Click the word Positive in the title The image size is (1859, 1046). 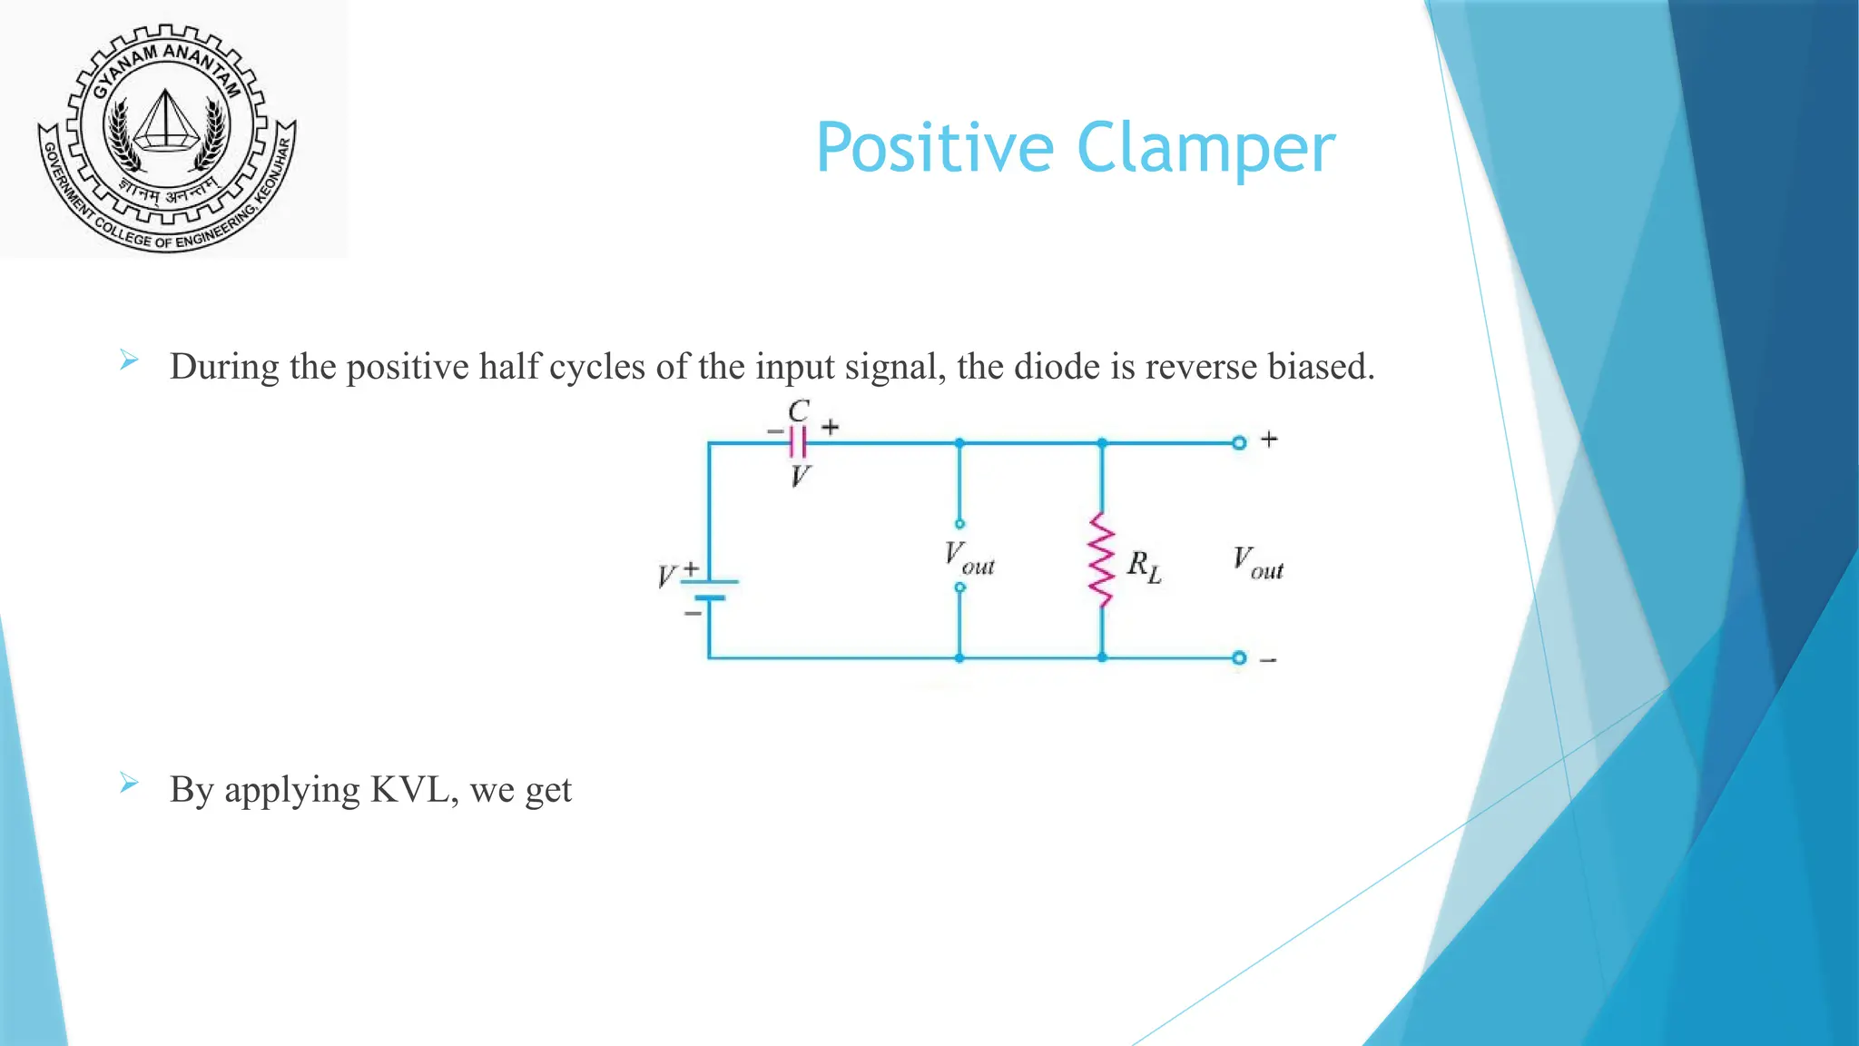[x=935, y=148]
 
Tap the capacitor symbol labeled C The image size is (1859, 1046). [x=798, y=443]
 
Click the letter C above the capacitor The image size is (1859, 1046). [x=798, y=411]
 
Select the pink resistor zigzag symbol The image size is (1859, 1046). [x=1101, y=560]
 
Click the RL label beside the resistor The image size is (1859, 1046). [x=1144, y=567]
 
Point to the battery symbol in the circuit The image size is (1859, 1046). [x=709, y=590]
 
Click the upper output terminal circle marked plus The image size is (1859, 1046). [x=1239, y=443]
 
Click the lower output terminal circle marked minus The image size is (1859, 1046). [x=1239, y=658]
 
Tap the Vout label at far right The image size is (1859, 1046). [x=1257, y=563]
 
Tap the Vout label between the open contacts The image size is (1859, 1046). [x=969, y=558]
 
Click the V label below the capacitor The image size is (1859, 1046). [x=799, y=476]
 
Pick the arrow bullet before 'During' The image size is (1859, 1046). [x=129, y=361]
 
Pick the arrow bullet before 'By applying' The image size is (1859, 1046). [x=129, y=784]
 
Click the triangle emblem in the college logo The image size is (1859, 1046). [x=165, y=120]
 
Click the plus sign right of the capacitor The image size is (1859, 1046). [x=830, y=427]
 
